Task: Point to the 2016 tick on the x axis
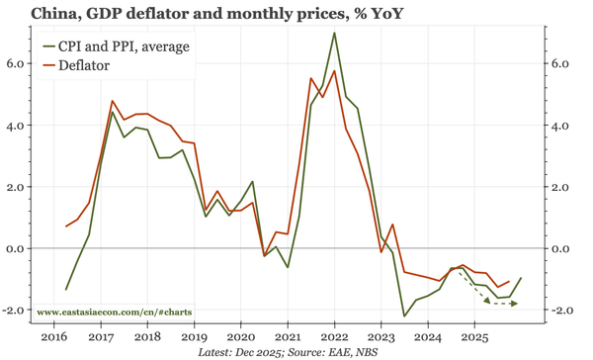click(x=54, y=336)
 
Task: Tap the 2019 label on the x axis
click(x=194, y=336)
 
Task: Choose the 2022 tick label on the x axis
click(x=334, y=336)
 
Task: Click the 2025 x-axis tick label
click(x=473, y=336)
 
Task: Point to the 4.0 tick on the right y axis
click(x=560, y=126)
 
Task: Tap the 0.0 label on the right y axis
click(x=560, y=249)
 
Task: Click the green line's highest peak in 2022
click(x=334, y=33)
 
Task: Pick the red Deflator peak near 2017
click(x=113, y=101)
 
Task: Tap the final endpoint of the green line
click(x=521, y=278)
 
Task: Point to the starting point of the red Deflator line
click(x=66, y=226)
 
